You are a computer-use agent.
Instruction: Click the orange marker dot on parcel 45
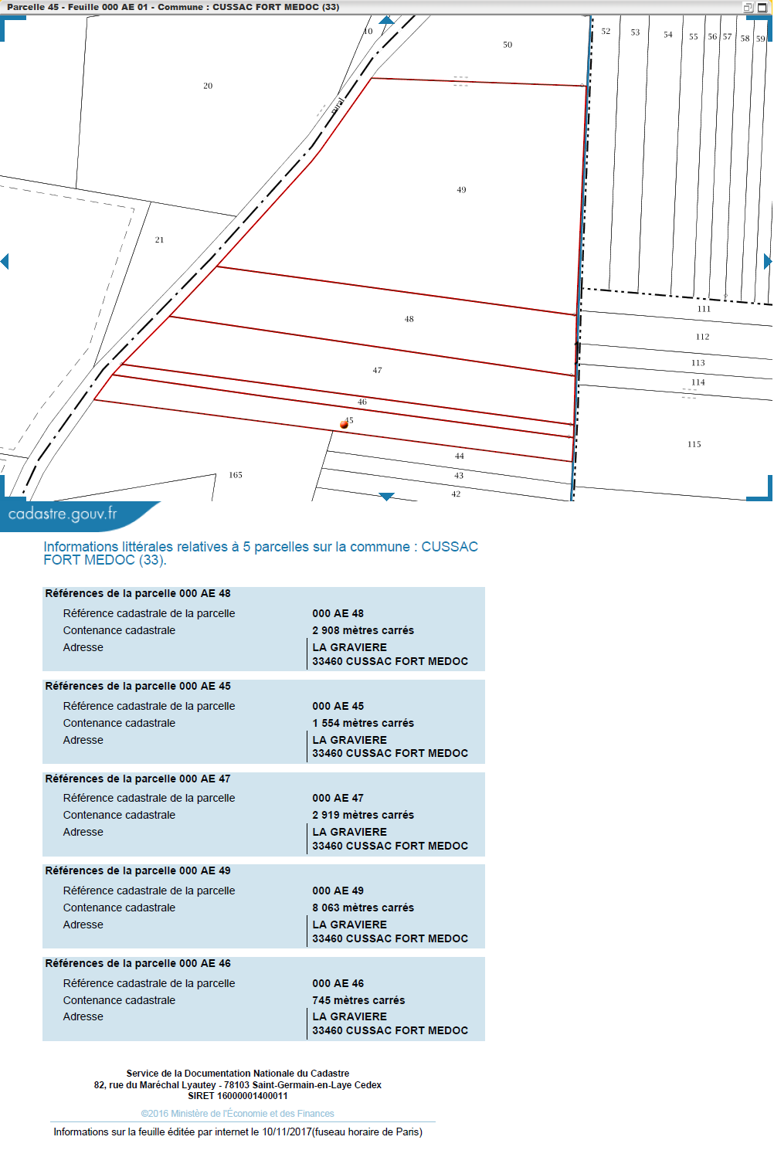[x=344, y=425]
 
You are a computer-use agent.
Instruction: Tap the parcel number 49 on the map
[x=461, y=190]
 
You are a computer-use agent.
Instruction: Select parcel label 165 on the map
[x=236, y=475]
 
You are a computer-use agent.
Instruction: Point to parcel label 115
[x=694, y=444]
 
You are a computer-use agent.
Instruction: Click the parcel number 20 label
[x=208, y=86]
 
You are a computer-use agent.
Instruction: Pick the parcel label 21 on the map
[x=159, y=239]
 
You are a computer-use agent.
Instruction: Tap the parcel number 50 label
[x=508, y=45]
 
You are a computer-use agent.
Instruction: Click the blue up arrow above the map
[x=386, y=20]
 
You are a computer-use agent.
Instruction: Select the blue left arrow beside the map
[x=5, y=261]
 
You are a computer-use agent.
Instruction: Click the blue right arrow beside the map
[x=768, y=261]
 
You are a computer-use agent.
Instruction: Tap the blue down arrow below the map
[x=386, y=497]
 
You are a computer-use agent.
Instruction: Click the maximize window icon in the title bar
[x=762, y=7]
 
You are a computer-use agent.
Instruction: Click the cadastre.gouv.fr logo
[x=63, y=514]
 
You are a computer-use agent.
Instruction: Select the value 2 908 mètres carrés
[x=363, y=630]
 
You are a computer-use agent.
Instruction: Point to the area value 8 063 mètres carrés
[x=363, y=908]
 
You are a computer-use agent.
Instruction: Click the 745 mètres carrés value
[x=358, y=1000]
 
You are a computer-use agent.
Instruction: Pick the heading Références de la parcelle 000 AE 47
[x=138, y=779]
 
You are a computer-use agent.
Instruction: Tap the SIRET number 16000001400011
[x=252, y=1095]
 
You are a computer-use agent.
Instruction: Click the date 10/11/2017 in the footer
[x=287, y=1132]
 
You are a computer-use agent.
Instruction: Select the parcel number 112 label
[x=702, y=337]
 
